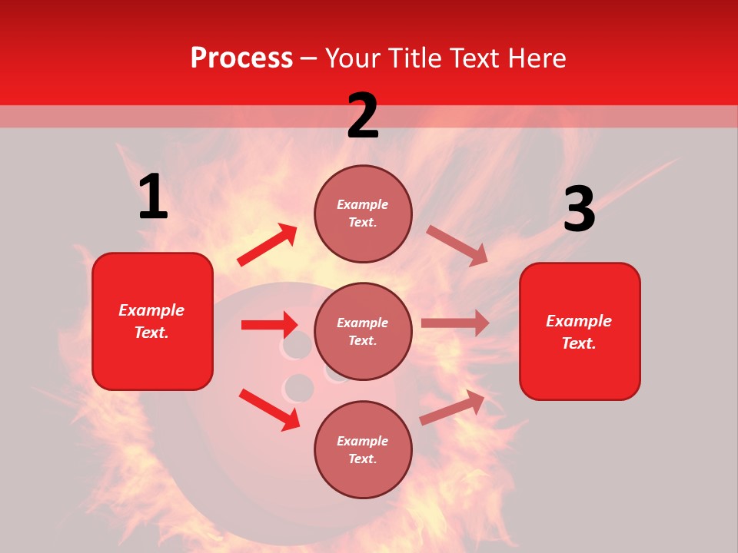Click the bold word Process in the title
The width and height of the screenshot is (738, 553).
[x=241, y=58]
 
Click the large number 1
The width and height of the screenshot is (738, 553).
[x=153, y=197]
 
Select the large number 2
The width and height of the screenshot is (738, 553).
[x=363, y=116]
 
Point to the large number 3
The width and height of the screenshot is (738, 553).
[x=579, y=210]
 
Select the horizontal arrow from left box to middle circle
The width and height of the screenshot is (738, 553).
[x=269, y=325]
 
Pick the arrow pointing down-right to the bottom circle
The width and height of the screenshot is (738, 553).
[x=269, y=409]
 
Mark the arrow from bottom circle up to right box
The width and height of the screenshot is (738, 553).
[x=453, y=407]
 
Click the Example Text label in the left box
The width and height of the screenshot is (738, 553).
[x=151, y=321]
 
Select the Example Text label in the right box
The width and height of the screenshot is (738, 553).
[x=579, y=332]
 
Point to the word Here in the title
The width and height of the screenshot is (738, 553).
[x=535, y=58]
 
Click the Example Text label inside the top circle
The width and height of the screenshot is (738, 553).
[x=363, y=214]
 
